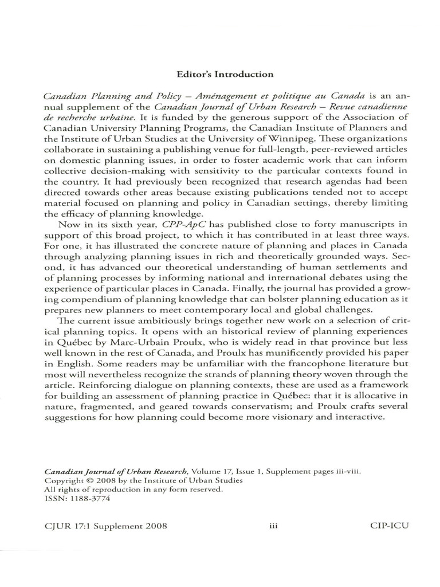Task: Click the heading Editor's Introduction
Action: pyautogui.click(x=225, y=74)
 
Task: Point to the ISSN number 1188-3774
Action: pyautogui.click(x=88, y=498)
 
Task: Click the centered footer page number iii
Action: pyautogui.click(x=273, y=525)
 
